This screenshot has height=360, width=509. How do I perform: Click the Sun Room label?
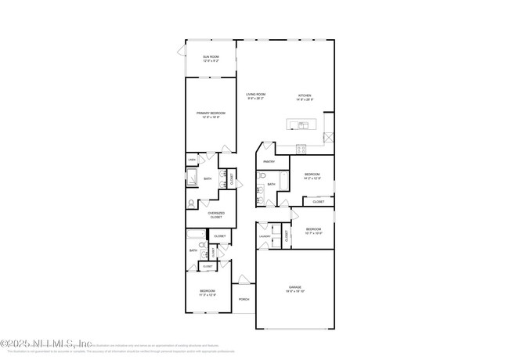(211, 59)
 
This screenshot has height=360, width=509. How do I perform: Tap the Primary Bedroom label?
(211, 115)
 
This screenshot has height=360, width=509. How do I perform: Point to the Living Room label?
(256, 96)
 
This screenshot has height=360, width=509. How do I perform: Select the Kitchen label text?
(305, 98)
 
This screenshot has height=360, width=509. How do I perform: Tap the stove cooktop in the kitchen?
(301, 148)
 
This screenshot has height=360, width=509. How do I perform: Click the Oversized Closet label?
(216, 215)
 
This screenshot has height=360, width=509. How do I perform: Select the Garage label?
(295, 290)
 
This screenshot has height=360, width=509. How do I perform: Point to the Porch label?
(244, 299)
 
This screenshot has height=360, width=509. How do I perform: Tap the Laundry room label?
(265, 236)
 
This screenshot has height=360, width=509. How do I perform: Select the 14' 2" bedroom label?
(312, 176)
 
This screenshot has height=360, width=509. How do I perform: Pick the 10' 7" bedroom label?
(313, 231)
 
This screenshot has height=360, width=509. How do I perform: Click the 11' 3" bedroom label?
(207, 293)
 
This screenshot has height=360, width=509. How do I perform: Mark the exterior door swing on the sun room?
(182, 52)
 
